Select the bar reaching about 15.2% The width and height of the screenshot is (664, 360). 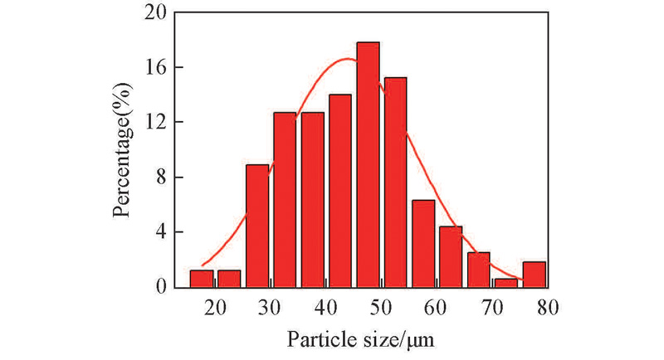[x=395, y=182]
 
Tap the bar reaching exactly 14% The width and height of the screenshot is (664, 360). [x=340, y=191]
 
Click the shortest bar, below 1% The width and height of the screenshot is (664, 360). [x=506, y=283]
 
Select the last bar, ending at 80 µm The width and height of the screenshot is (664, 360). [x=534, y=275]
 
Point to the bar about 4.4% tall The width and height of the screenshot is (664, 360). [x=451, y=256]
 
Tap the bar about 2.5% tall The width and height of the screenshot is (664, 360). [x=479, y=270]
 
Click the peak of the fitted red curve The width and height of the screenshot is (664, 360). [x=347, y=58]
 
